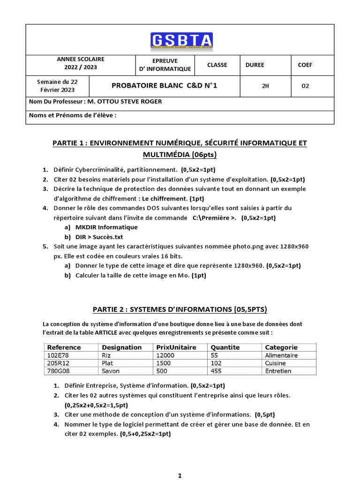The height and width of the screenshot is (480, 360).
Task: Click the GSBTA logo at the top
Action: pos(181,40)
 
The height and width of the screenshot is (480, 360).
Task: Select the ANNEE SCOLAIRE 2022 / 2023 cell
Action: pos(81,64)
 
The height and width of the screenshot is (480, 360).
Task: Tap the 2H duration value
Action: pos(265,86)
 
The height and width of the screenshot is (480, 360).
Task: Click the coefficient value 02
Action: pos(305,86)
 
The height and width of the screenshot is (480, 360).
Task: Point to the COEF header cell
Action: pos(305,65)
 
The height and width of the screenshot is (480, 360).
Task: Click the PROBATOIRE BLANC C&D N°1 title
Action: pos(164,86)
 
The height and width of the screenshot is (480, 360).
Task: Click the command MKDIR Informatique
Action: pos(106,227)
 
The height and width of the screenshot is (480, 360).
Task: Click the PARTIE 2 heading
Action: pos(180,309)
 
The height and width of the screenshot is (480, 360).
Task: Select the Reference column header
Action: pos(64,347)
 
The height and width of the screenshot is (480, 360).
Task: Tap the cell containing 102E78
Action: pos(58,355)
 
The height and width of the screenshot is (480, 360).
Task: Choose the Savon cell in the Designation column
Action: pos(111,371)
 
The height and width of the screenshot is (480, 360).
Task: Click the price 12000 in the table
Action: pos(165,355)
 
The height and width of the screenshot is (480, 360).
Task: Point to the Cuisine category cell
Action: pos(276,363)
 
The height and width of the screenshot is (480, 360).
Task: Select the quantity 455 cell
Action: pos(217,371)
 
